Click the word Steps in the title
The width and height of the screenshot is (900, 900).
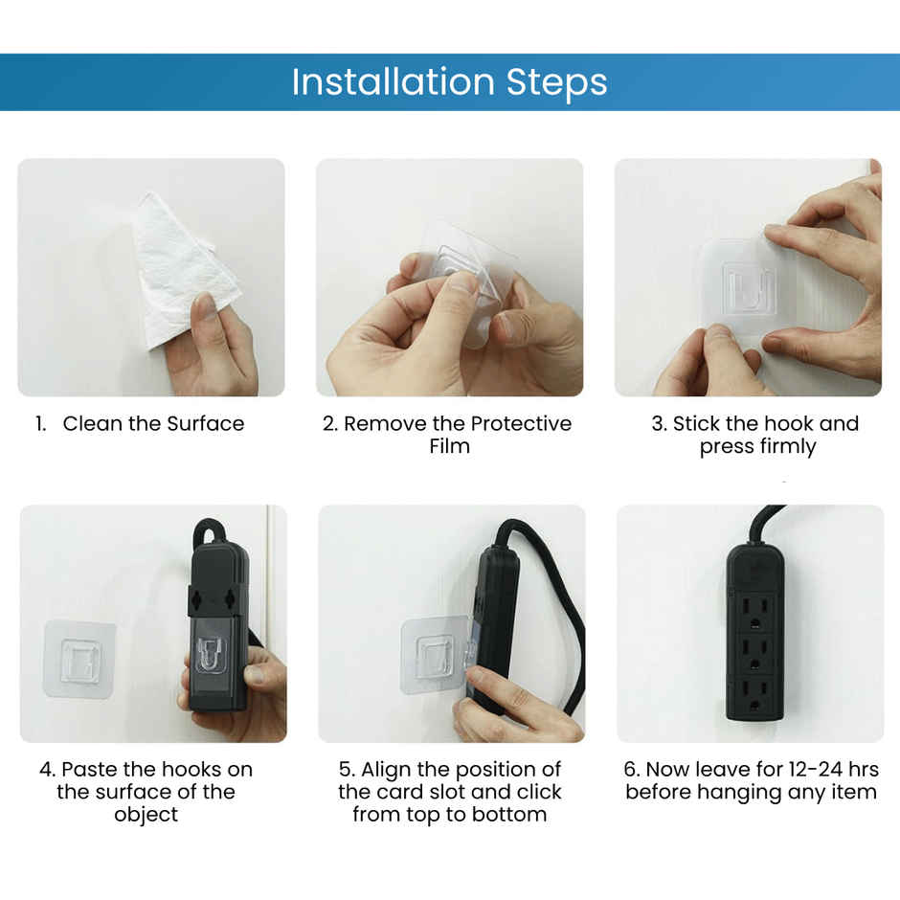pos(556,83)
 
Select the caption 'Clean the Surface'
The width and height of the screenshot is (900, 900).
pos(153,424)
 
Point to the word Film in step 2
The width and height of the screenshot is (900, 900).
pos(449,447)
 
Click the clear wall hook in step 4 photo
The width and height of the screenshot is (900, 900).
pos(79,660)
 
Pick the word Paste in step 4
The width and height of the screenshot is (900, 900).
pos(92,770)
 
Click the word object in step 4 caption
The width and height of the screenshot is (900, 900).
pos(146,815)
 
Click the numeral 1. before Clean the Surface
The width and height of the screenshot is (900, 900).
pos(41,424)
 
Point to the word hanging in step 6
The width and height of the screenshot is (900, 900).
pos(748,793)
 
